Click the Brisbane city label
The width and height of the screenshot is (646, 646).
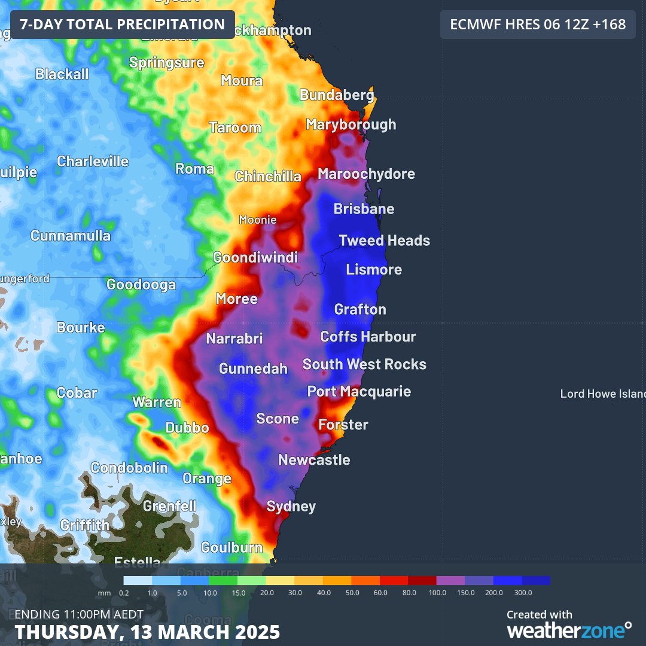[364, 209]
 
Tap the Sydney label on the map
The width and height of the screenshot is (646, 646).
[291, 507]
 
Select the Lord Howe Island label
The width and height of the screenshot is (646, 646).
[602, 394]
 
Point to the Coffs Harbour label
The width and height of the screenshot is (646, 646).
[368, 337]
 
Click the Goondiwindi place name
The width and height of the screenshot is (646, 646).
[255, 258]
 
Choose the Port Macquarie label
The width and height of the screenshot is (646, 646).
[359, 392]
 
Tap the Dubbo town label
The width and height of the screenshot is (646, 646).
[187, 428]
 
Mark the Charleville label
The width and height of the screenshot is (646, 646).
[93, 161]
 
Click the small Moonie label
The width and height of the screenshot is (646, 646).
[258, 220]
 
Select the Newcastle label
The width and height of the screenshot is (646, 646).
[314, 460]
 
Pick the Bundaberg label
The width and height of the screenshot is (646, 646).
[337, 95]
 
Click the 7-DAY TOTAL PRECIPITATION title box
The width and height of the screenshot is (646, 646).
[123, 25]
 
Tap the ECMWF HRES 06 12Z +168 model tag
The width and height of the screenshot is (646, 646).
[538, 25]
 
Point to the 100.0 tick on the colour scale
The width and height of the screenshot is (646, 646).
[437, 593]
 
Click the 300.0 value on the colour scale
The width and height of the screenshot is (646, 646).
[523, 593]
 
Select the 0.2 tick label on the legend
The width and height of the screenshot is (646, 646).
[124, 593]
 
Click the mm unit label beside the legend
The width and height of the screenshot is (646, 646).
[104, 593]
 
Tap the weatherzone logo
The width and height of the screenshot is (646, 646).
[568, 629]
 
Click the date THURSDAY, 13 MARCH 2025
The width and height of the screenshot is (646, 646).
[147, 632]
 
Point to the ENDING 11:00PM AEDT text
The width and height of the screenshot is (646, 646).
[79, 614]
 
